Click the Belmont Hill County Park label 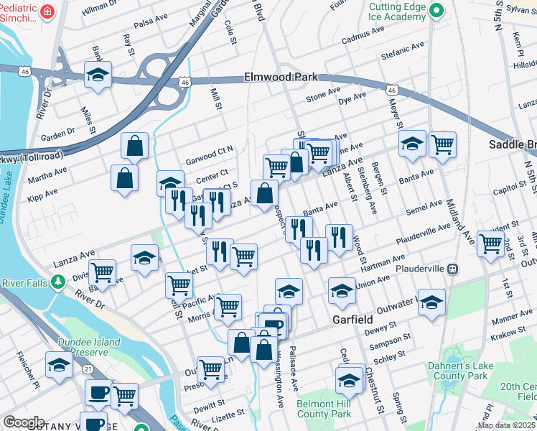point(324,409)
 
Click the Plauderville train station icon point(454,269)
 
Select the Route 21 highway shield point(86,369)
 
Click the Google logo point(23,422)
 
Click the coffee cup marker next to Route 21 point(98,392)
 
